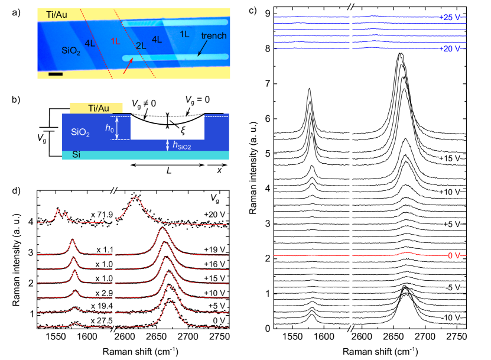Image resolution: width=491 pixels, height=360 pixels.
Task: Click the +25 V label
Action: click(450, 17)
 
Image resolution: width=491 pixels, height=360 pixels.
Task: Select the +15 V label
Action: click(450, 159)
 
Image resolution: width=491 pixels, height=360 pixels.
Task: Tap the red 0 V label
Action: click(453, 255)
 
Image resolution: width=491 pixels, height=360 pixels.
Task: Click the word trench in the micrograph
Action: click(213, 36)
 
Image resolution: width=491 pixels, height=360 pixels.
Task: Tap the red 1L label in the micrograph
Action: click(116, 41)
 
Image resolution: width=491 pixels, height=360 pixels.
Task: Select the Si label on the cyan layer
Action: click(76, 154)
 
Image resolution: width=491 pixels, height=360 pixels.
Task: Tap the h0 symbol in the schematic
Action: click(109, 127)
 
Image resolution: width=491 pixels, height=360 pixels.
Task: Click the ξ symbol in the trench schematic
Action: click(183, 131)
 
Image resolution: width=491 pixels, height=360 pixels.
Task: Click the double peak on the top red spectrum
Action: click(61, 213)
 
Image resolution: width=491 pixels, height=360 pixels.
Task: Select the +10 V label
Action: click(450, 192)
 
